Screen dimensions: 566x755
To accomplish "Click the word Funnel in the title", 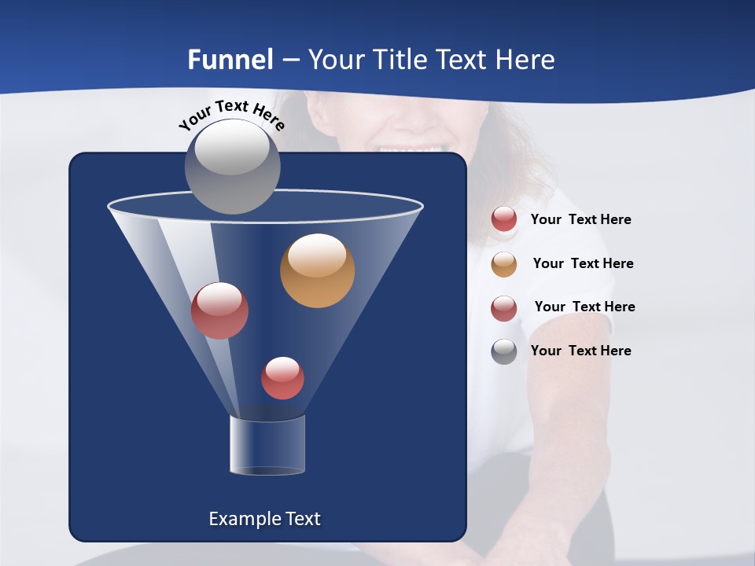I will [x=230, y=60].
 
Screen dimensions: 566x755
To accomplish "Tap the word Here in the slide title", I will [x=525, y=60].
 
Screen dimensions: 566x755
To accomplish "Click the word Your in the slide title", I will [x=336, y=60].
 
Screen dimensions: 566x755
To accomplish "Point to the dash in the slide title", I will [x=290, y=61].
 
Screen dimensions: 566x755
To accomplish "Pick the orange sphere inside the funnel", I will [x=317, y=271].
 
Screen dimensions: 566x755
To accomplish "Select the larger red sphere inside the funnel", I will [x=219, y=311].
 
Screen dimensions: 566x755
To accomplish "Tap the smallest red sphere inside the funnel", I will [x=282, y=378].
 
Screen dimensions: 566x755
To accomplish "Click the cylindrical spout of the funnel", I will [x=267, y=446].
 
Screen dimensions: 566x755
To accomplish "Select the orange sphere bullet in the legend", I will [x=504, y=264].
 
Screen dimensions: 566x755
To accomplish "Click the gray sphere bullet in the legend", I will [x=504, y=351].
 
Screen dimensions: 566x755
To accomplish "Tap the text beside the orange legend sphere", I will [x=583, y=263].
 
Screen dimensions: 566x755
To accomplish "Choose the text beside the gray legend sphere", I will [x=580, y=351].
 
